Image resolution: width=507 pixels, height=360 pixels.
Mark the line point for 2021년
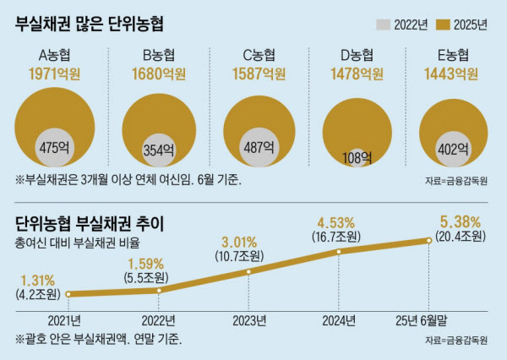point(66,294)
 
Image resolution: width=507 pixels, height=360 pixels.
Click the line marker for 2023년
point(248,271)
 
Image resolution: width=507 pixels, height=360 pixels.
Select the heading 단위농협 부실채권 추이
point(90,224)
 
